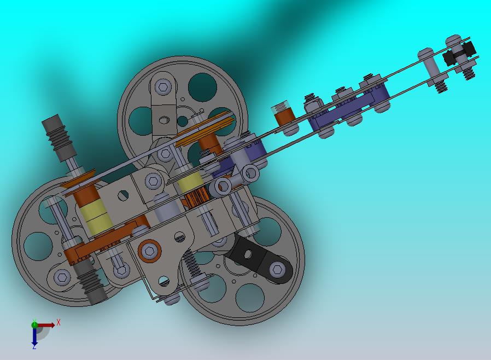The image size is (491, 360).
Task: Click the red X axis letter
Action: pyautogui.click(x=59, y=322)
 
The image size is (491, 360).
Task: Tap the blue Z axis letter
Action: pyautogui.click(x=34, y=346)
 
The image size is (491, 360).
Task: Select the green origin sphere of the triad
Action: pyautogui.click(x=34, y=325)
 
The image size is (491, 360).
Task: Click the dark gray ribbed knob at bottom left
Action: pyautogui.click(x=91, y=282)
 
